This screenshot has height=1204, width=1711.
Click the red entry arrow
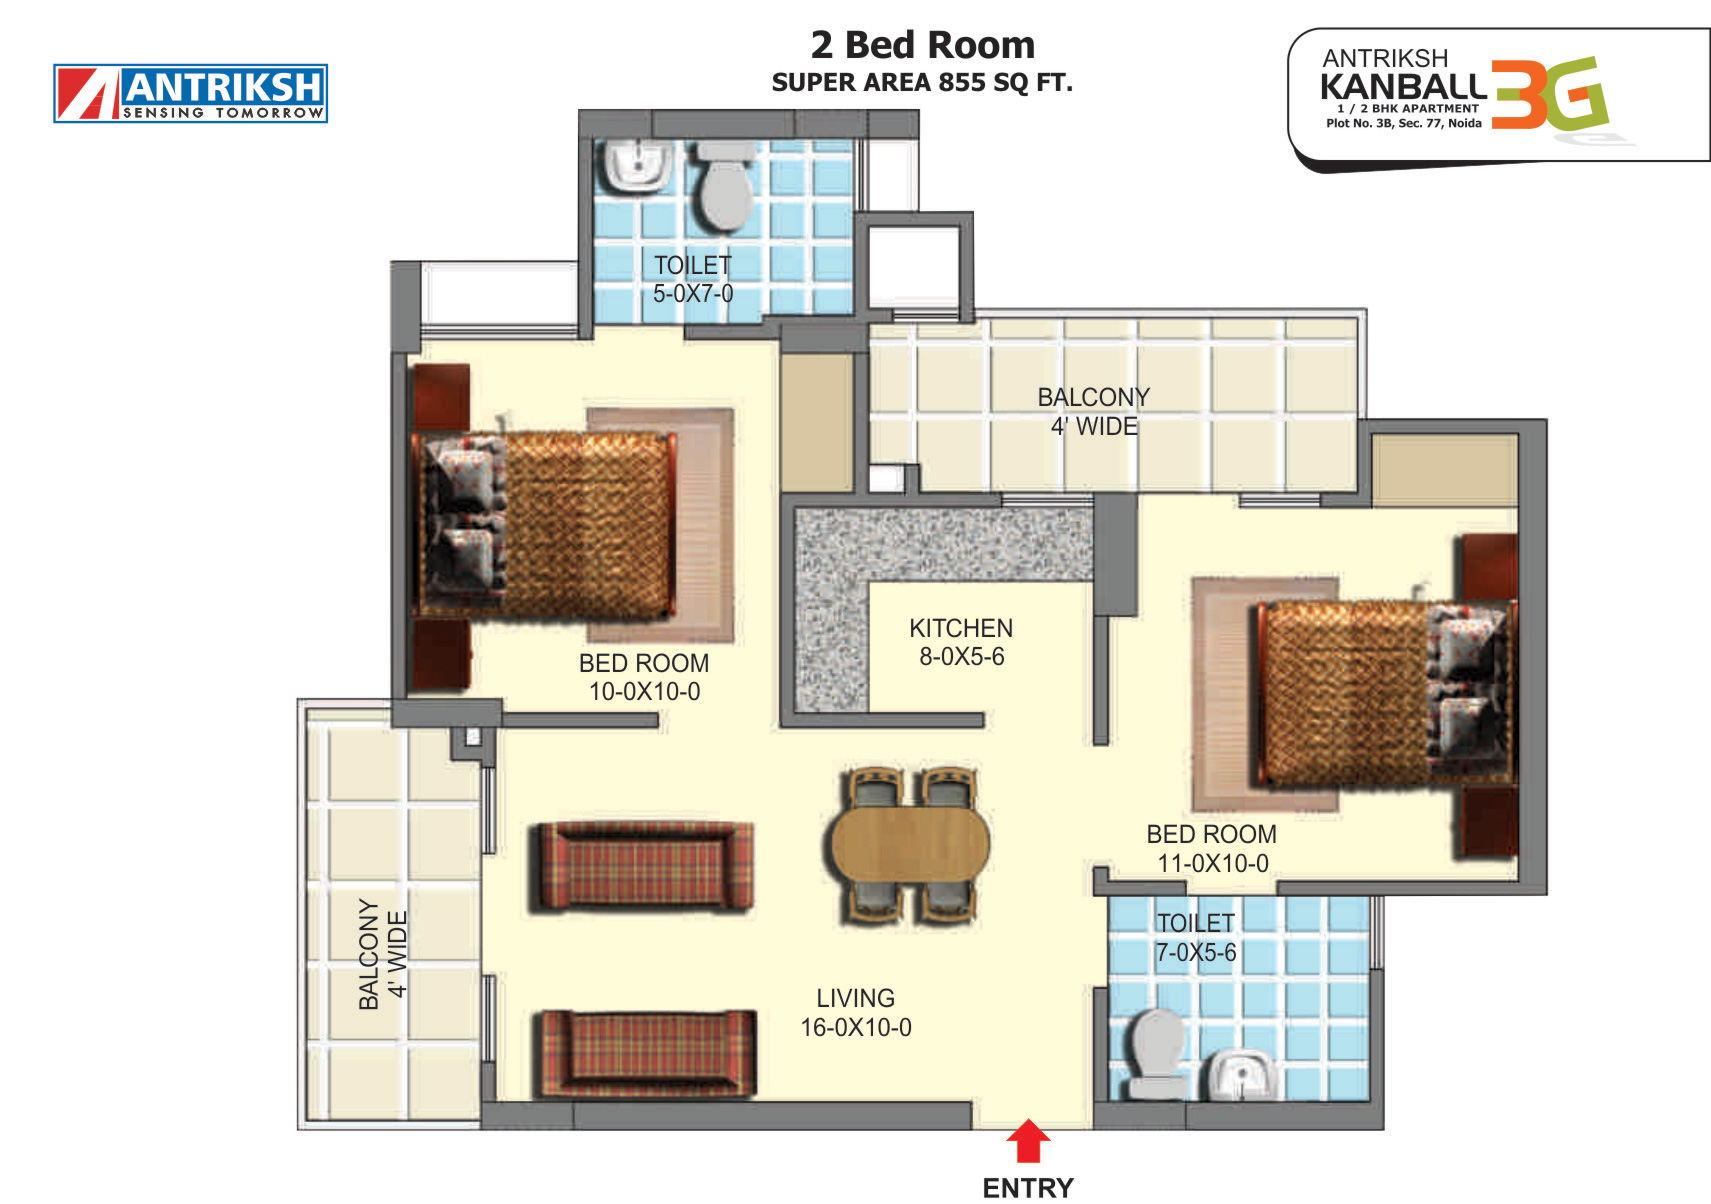coord(1028,1141)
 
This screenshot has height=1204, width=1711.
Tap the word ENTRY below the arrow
coord(1028,1189)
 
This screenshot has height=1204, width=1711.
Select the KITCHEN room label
coord(961,628)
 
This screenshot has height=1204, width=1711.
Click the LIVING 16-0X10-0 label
coord(856,1012)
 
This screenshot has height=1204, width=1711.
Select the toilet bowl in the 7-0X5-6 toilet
coord(1156,1054)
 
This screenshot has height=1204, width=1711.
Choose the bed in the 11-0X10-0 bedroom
coord(1384,694)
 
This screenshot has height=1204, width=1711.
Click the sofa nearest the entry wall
coord(646,1055)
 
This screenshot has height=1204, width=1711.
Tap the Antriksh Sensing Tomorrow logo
coord(191,93)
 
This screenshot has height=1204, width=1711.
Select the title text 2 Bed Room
coord(923,45)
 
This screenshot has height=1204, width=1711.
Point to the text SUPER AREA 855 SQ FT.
coord(923,83)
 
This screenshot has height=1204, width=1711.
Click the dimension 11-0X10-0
coord(1213,863)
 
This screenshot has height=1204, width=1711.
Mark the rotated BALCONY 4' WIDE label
coord(383,954)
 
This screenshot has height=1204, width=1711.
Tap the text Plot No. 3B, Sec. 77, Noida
coord(1404,123)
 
